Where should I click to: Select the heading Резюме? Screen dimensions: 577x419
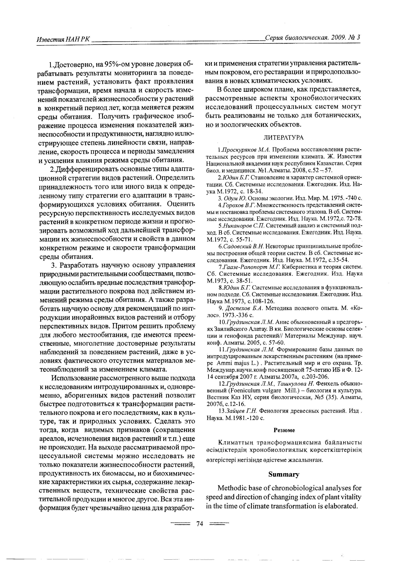click(284, 430)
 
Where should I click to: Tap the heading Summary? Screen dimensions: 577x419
click(284, 475)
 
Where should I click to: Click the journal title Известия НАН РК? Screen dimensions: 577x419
click(63, 39)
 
